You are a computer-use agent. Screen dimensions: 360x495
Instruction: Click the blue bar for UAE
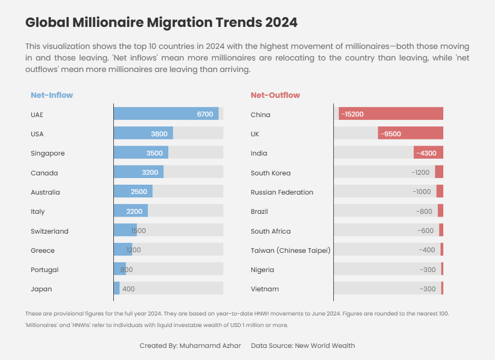pos(166,114)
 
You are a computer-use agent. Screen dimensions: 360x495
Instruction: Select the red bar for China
pos(391,114)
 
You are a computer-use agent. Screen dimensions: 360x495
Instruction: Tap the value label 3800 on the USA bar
pos(159,134)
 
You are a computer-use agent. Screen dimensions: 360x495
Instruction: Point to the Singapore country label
pos(48,153)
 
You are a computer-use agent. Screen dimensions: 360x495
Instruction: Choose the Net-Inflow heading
pos(52,95)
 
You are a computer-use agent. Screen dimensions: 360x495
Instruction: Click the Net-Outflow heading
pos(275,95)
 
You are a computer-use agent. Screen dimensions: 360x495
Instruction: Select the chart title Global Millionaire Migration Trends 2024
pos(161,23)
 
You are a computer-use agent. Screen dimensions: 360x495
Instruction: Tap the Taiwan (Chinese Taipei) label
pos(290,251)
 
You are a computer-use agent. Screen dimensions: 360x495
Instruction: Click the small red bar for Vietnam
pos(442,289)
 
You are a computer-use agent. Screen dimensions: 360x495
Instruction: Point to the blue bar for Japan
pos(117,289)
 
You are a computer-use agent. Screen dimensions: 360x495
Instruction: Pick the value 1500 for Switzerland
pos(138,231)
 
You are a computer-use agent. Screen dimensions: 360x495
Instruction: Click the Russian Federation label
pos(282,192)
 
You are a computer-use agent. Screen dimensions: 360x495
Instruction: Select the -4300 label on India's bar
pos(426,153)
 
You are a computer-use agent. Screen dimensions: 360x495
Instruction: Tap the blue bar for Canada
pos(139,173)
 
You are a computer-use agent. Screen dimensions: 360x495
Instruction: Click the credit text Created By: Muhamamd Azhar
pos(190,346)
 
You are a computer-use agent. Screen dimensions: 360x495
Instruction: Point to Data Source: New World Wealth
pos(302,346)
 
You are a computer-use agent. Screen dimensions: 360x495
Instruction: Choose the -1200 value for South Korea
pos(420,173)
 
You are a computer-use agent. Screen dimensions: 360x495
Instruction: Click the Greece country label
pos(43,251)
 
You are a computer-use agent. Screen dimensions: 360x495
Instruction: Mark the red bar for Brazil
pos(441,211)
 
